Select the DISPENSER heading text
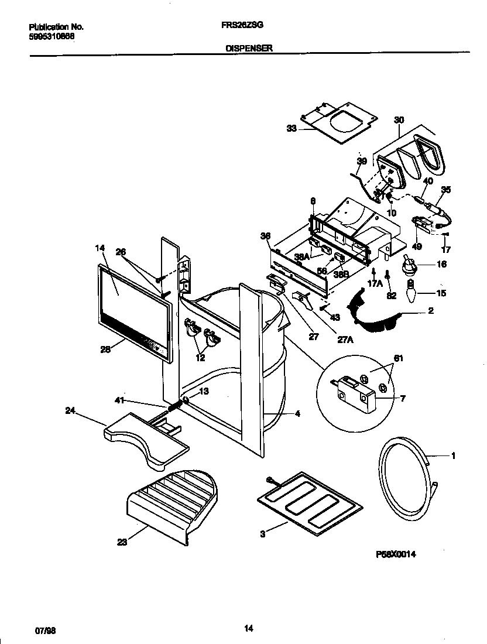(249, 50)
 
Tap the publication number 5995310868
(51, 36)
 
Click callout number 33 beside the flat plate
(291, 129)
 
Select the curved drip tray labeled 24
(146, 436)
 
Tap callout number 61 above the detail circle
(398, 358)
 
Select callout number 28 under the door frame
(106, 350)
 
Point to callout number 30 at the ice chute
(399, 119)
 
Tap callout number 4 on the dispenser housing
(297, 413)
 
